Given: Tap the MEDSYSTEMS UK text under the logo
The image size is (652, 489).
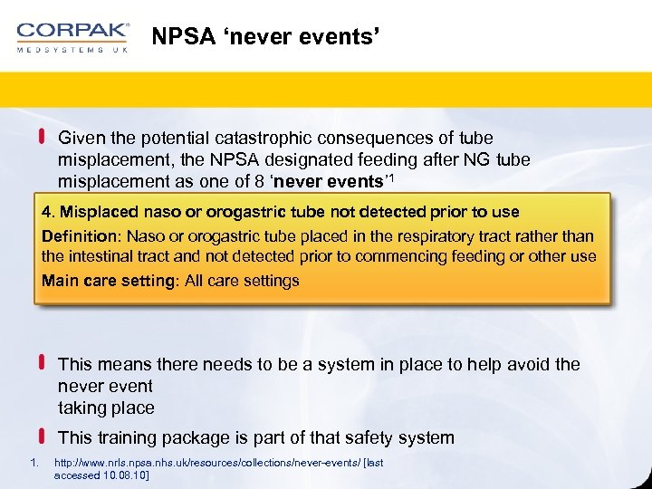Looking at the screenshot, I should coord(72,50).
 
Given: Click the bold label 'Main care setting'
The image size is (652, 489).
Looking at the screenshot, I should coord(109,281).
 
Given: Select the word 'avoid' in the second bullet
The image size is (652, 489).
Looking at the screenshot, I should coord(528,365).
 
